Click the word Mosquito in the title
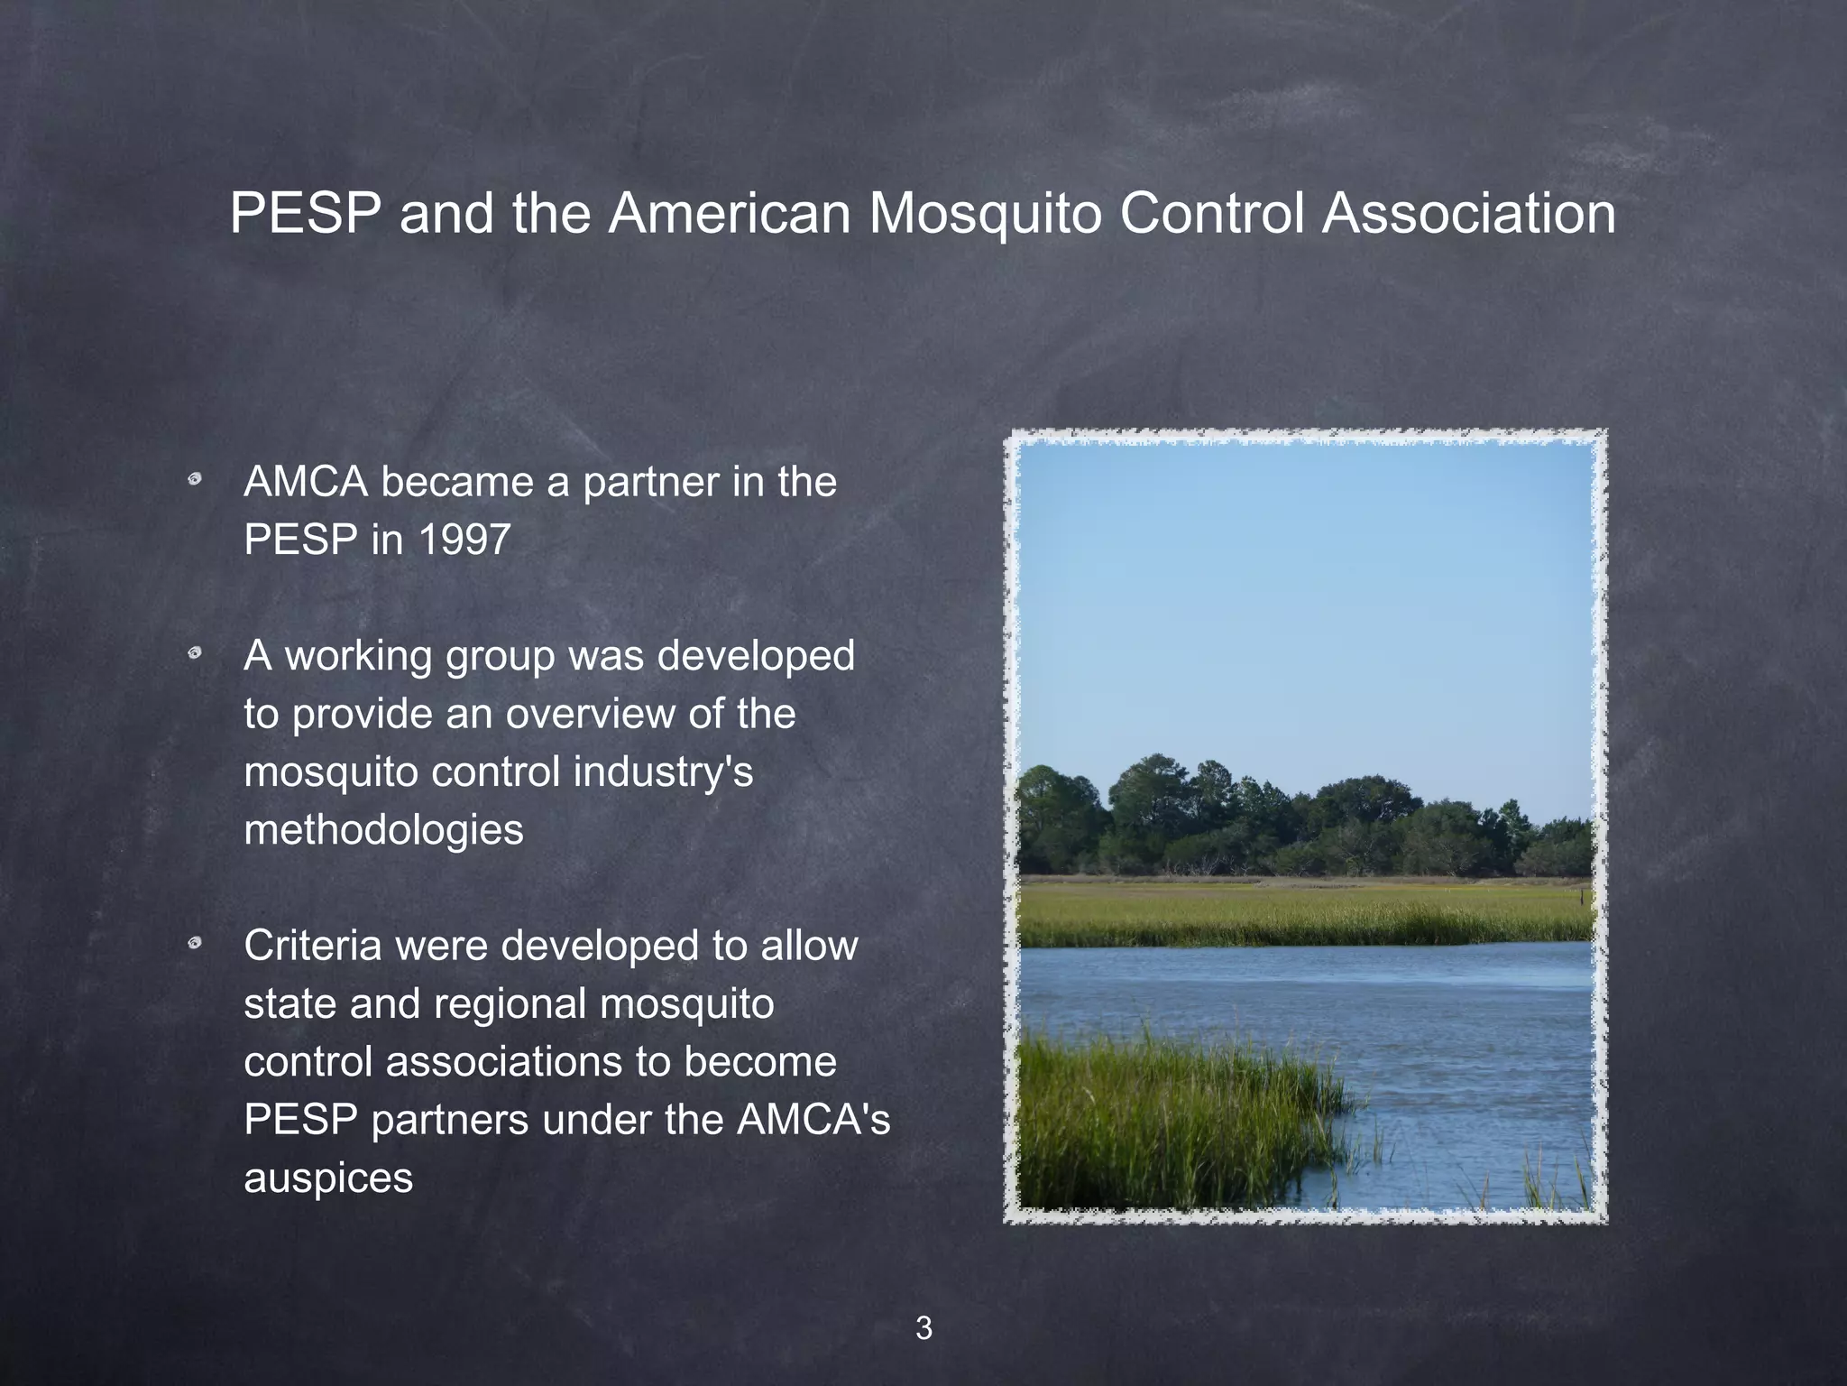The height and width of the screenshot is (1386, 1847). [x=985, y=215]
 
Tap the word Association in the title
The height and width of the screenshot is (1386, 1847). [x=1469, y=215]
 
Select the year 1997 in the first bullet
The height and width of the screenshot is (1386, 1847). [x=464, y=541]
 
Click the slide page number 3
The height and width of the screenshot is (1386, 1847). [x=923, y=1328]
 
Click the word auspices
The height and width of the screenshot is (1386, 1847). [x=328, y=1178]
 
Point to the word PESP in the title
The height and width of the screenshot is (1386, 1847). [x=306, y=215]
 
